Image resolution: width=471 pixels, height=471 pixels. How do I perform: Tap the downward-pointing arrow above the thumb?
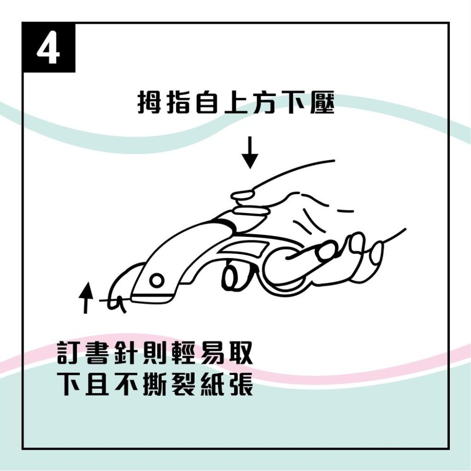(x=250, y=152)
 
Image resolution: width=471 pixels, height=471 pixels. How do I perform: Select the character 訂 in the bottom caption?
(x=68, y=352)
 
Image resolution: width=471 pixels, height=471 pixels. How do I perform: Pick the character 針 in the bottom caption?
(x=126, y=352)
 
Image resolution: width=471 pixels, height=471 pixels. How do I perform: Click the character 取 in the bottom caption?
(x=241, y=352)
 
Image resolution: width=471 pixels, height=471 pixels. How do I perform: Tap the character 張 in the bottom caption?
(x=241, y=384)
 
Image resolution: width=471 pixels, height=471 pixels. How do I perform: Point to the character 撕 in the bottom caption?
(x=154, y=384)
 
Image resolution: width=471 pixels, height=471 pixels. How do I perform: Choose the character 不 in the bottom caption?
(x=126, y=384)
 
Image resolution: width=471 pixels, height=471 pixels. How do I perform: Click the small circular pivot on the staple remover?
(x=156, y=281)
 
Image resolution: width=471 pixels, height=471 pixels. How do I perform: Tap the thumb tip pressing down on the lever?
(x=243, y=195)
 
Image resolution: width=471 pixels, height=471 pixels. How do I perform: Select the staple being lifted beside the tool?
(x=118, y=303)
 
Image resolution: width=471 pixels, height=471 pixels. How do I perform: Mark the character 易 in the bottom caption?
(x=212, y=352)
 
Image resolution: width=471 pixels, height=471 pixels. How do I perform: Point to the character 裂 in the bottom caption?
(x=184, y=384)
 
